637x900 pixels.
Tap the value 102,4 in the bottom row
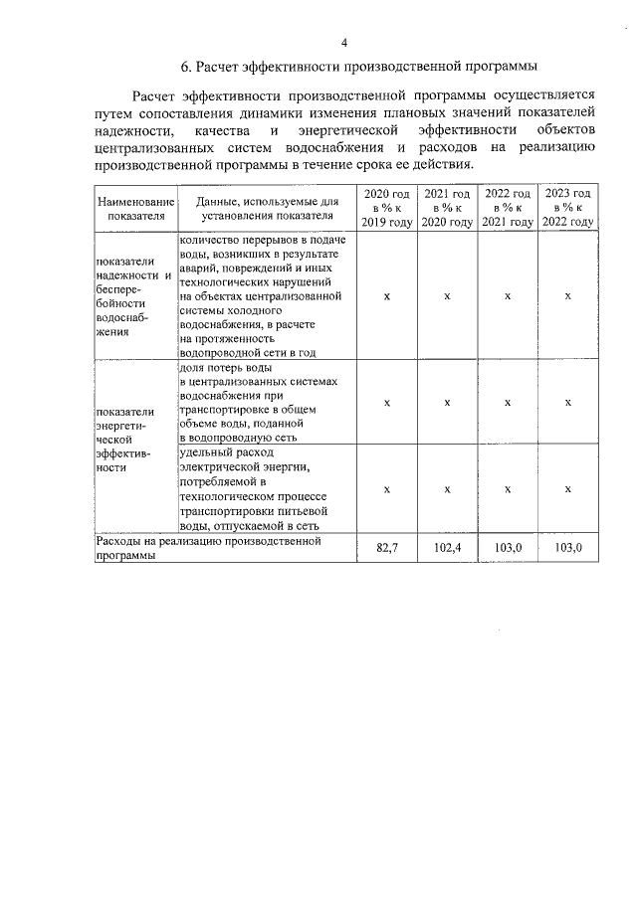[x=447, y=549]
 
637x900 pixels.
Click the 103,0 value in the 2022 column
[x=508, y=549]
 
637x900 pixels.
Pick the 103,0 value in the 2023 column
[x=568, y=549]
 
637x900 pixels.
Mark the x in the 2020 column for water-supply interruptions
[x=386, y=296]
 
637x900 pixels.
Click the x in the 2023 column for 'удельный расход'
[x=568, y=488]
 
